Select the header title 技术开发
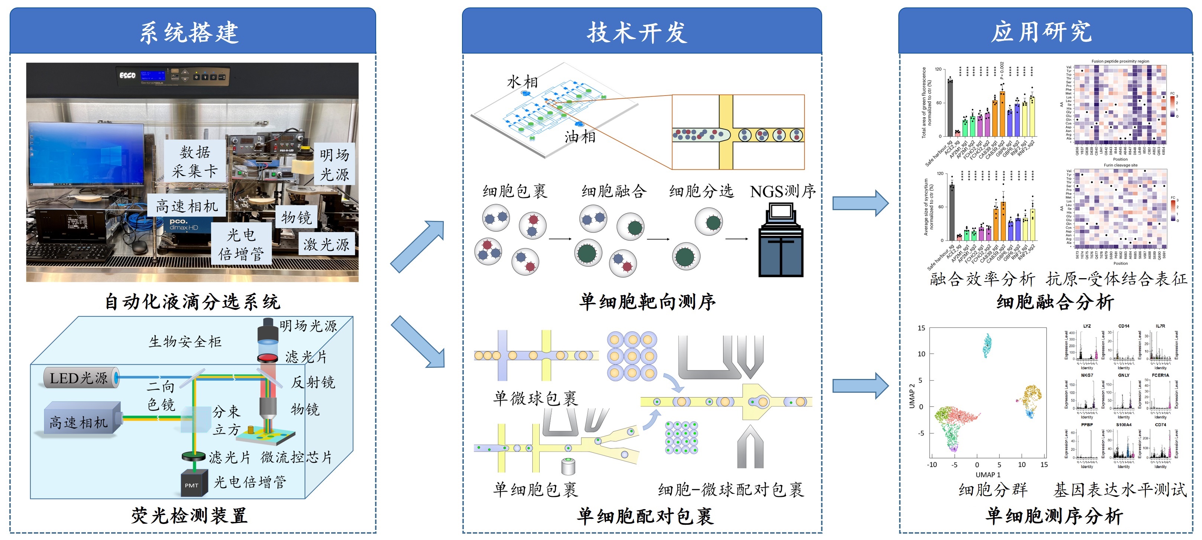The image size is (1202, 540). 637,33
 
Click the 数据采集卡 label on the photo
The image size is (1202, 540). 195,161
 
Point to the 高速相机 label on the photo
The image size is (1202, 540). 187,206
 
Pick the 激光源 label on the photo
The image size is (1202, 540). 326,244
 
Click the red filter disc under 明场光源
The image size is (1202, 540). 268,358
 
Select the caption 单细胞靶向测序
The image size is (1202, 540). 647,302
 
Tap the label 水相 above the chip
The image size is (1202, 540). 522,82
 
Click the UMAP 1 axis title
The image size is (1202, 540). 988,475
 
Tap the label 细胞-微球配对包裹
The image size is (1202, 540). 730,489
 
